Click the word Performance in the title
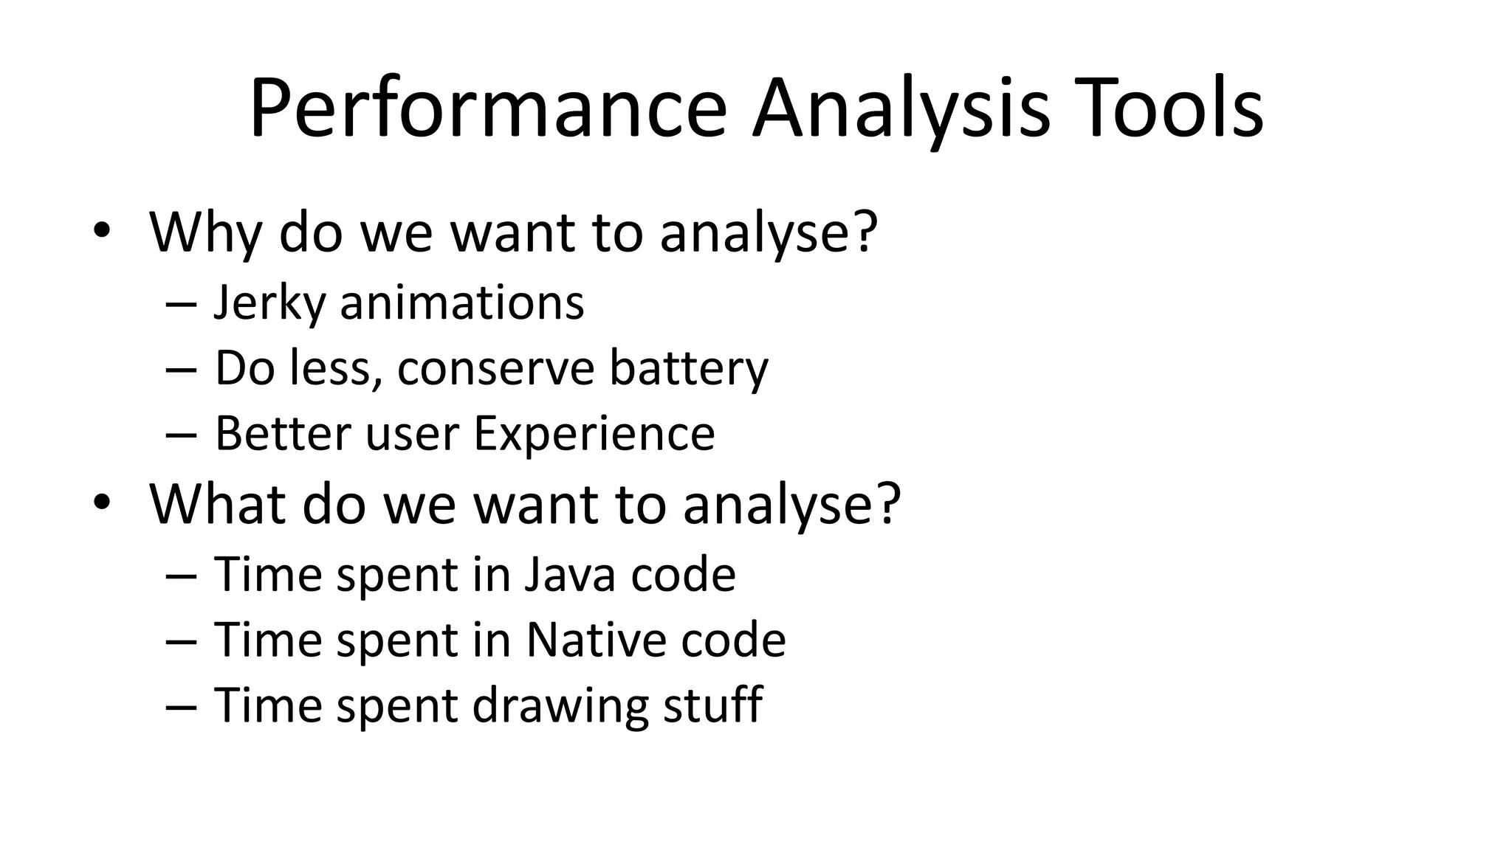[487, 109]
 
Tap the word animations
[461, 303]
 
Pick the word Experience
[594, 433]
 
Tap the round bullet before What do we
[101, 504]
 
